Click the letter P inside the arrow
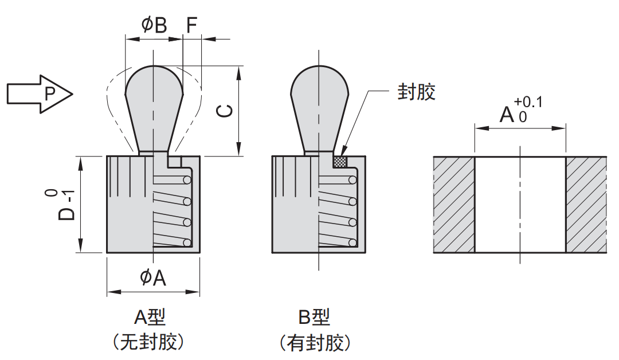pyautogui.click(x=50, y=93)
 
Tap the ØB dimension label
pyautogui.click(x=154, y=25)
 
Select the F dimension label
pyautogui.click(x=191, y=25)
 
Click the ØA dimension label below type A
pyautogui.click(x=152, y=278)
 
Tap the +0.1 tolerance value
pyautogui.click(x=528, y=103)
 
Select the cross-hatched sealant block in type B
pyautogui.click(x=341, y=162)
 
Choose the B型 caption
pyautogui.click(x=314, y=317)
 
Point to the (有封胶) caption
pyautogui.click(x=314, y=342)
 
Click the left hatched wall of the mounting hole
pyautogui.click(x=454, y=204)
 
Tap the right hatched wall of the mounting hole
pyautogui.click(x=586, y=204)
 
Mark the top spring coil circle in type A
pyautogui.click(x=187, y=180)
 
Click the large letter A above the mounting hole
pyautogui.click(x=507, y=115)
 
